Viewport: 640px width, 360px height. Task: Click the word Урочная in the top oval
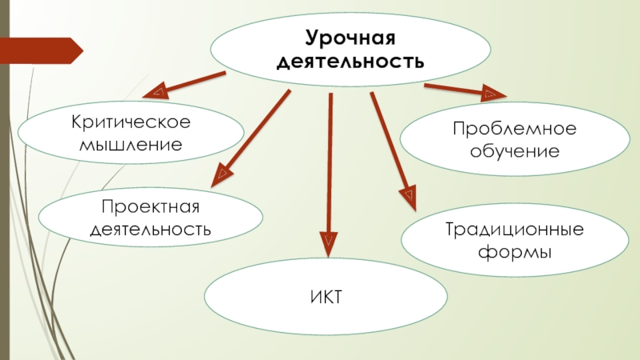(x=350, y=37)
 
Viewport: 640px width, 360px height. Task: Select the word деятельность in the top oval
(x=350, y=60)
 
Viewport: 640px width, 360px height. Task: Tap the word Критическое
(x=130, y=123)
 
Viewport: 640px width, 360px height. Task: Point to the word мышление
(x=130, y=146)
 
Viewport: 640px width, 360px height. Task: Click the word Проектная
(x=150, y=207)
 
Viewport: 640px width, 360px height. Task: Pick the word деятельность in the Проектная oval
(x=150, y=230)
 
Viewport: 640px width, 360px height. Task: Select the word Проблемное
(x=503, y=129)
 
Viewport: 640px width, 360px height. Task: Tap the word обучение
(x=503, y=150)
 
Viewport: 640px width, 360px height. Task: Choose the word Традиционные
(x=503, y=230)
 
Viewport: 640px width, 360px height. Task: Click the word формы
(x=503, y=253)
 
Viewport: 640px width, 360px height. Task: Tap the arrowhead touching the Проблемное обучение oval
(x=488, y=94)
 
